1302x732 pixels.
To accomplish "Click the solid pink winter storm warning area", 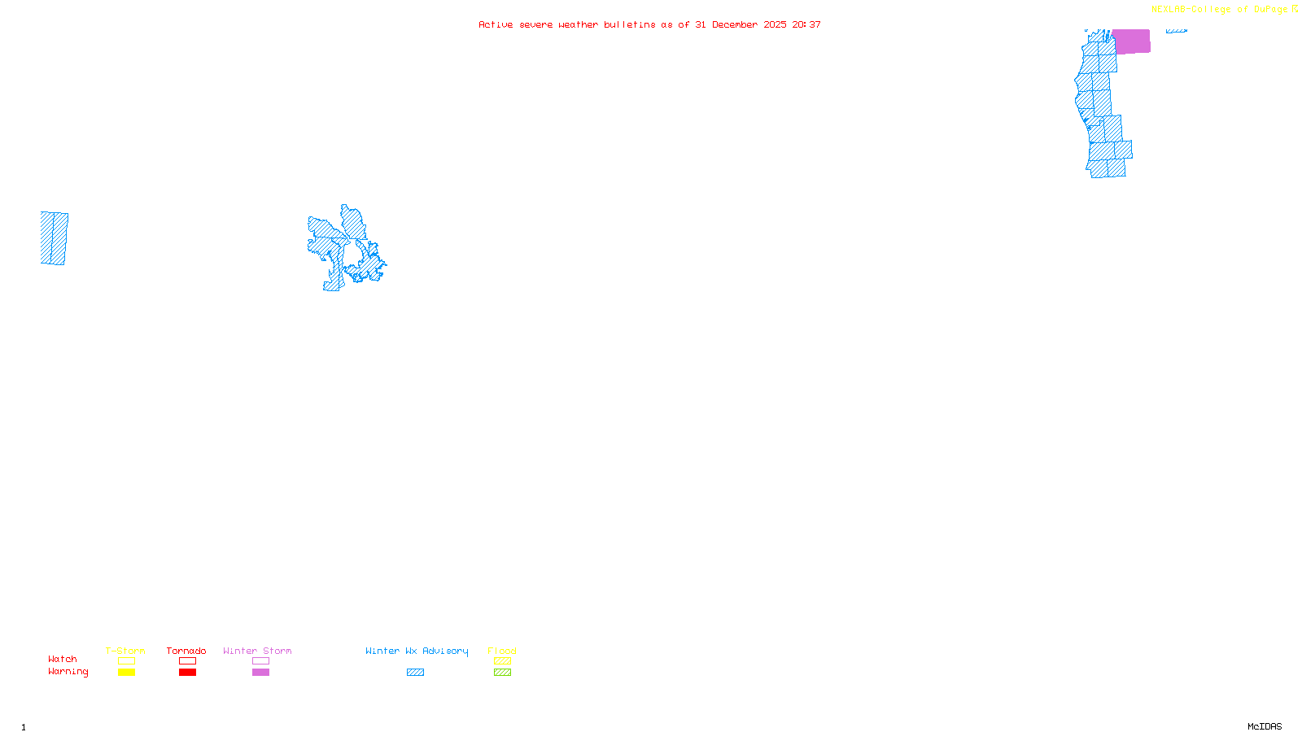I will [x=1131, y=41].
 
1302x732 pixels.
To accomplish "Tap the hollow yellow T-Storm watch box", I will [x=126, y=661].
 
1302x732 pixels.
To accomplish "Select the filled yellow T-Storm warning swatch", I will [x=126, y=673].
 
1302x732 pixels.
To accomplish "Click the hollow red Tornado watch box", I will [x=187, y=661].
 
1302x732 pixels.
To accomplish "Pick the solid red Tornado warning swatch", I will [x=187, y=673].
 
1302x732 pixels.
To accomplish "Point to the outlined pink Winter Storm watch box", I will [x=260, y=661].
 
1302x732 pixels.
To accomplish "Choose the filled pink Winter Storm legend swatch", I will [x=260, y=673].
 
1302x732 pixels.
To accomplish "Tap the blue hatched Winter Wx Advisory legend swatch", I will [x=415, y=673].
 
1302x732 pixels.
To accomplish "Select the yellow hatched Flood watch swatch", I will [x=502, y=661].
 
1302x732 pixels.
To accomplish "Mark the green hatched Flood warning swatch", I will [x=502, y=673].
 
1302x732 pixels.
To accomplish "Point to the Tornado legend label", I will [x=186, y=651].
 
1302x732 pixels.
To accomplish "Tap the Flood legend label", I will [x=502, y=651].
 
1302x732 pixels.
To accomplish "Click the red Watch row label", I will [x=63, y=660].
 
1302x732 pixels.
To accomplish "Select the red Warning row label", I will [x=68, y=672].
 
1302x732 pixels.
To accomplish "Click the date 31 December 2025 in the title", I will [x=741, y=25].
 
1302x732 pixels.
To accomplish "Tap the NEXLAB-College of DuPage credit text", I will [x=1219, y=10].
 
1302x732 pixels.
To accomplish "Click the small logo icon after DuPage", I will [x=1295, y=9].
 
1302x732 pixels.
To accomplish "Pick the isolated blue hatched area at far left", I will [x=54, y=238].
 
